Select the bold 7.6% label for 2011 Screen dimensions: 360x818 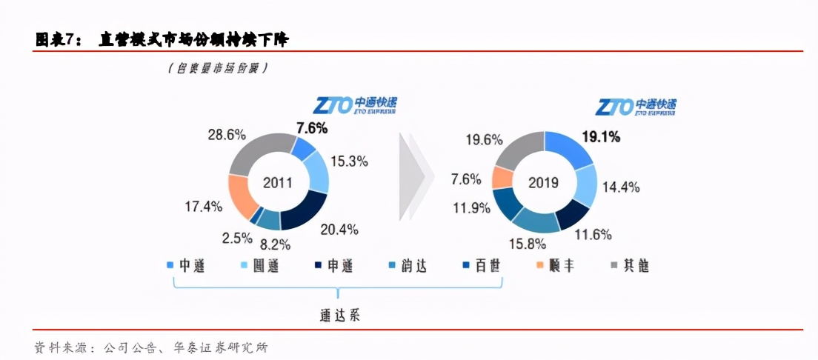pos(311,128)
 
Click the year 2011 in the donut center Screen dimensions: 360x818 pos(278,182)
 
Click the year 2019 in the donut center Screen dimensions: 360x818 pos(544,182)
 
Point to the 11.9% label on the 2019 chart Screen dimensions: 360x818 pos(471,207)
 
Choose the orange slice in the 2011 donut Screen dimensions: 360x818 pos(242,196)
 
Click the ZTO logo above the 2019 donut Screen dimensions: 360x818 pos(635,107)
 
